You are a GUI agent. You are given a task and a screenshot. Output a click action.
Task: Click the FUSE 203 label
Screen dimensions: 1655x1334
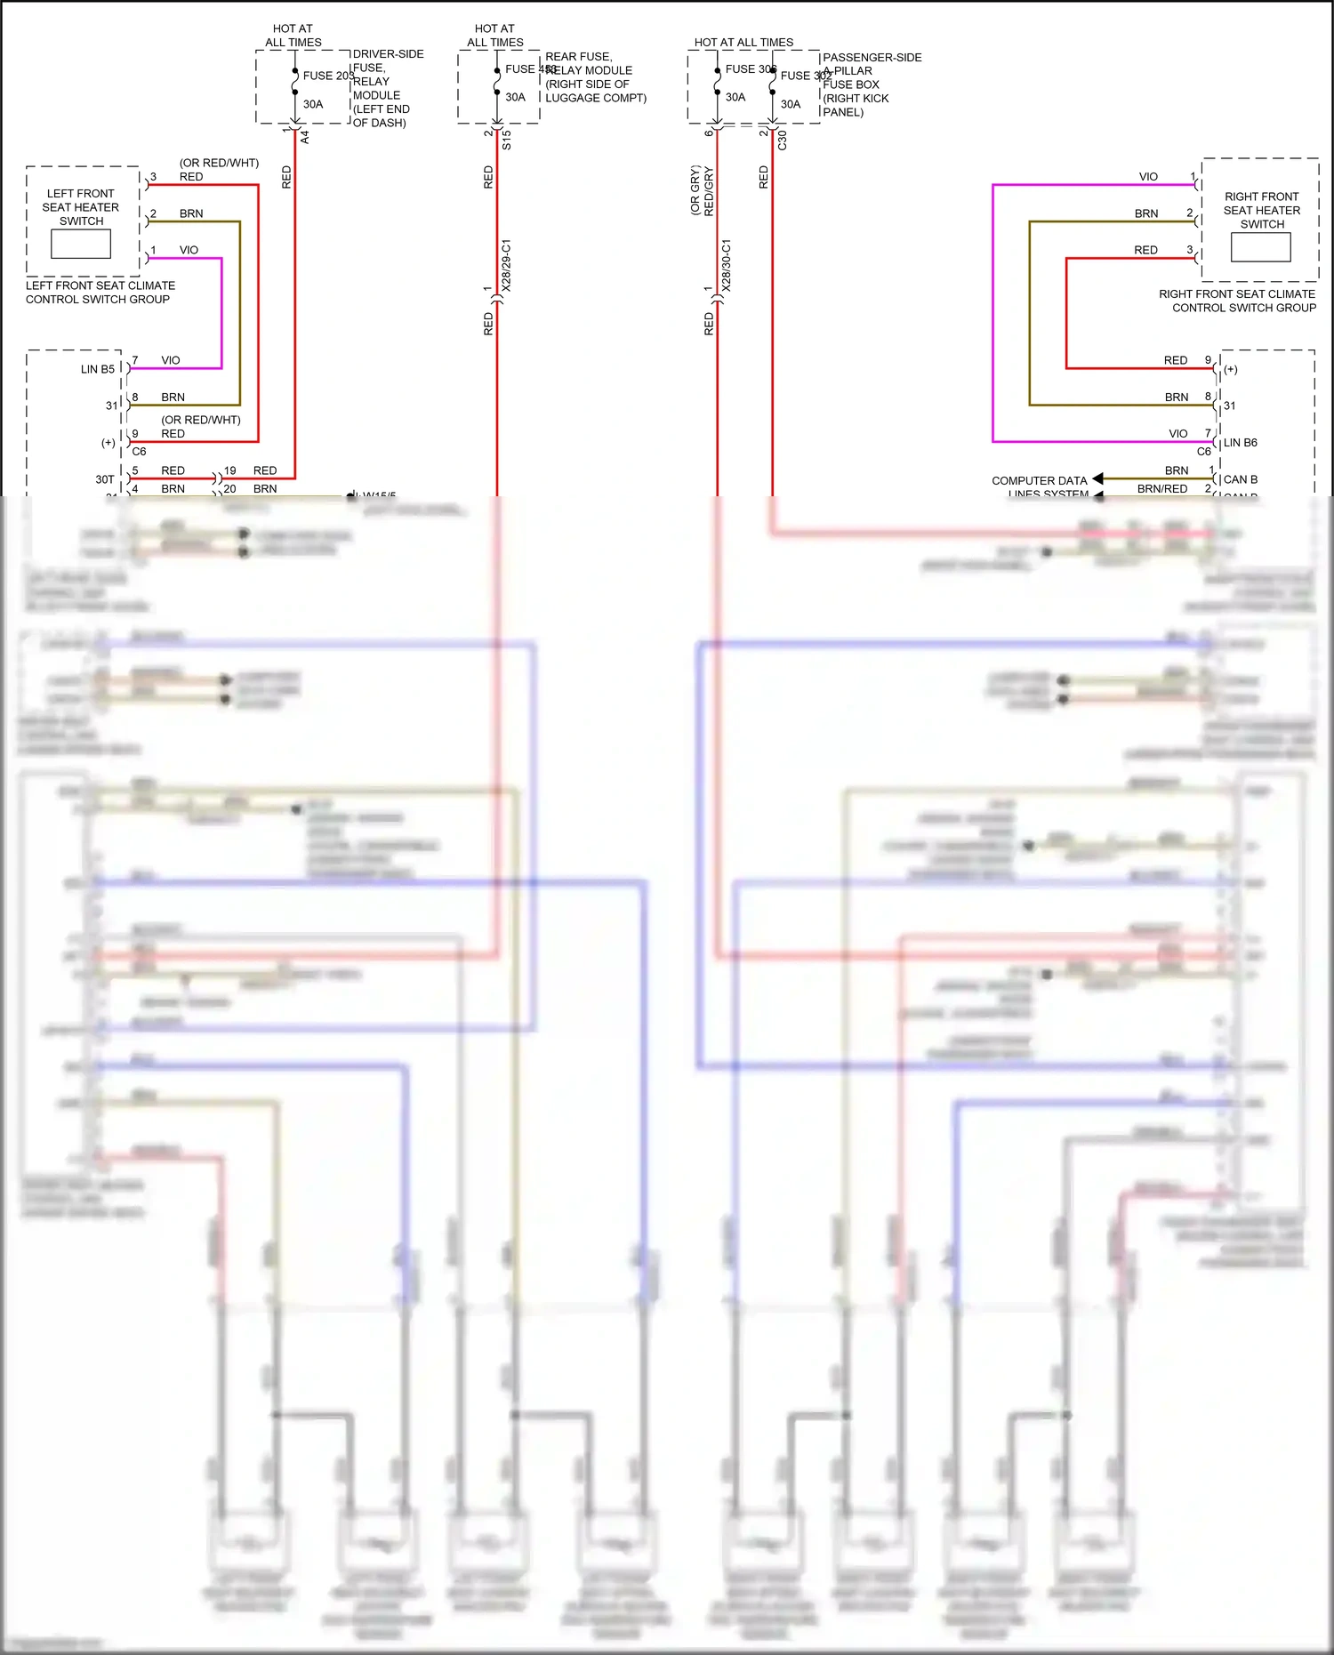[327, 76]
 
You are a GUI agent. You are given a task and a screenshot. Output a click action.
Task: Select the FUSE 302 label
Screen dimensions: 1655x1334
[805, 76]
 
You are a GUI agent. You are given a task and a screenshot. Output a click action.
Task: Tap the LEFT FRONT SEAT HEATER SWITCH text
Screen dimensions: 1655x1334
[81, 206]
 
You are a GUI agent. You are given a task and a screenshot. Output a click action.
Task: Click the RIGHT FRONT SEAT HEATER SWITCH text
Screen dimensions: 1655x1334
[1261, 210]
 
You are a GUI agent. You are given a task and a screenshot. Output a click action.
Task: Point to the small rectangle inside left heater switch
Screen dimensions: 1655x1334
[81, 244]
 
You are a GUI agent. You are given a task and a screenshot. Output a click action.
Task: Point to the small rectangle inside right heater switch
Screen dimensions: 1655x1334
[1260, 247]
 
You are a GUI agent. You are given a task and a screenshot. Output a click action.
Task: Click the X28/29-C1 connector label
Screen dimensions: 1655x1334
[506, 265]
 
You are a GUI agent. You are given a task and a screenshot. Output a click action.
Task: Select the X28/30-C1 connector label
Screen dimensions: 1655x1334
[727, 265]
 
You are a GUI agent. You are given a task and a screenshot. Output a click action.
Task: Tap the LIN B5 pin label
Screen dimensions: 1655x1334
[98, 369]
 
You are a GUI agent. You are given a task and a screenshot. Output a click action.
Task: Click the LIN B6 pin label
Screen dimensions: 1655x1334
[1240, 442]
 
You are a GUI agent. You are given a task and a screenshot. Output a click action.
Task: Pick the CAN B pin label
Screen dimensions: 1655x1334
[1240, 479]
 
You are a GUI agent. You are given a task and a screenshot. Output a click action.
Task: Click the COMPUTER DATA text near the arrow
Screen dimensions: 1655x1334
[1039, 480]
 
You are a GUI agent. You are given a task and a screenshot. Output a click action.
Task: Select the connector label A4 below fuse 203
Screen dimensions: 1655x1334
[304, 137]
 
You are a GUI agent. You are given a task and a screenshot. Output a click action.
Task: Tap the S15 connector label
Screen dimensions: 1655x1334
[506, 140]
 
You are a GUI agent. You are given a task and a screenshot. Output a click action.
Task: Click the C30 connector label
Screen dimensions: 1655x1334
[783, 140]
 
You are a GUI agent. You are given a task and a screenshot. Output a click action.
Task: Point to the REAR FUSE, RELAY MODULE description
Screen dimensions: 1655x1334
[594, 77]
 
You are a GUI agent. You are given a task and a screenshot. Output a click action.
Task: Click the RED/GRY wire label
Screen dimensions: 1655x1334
[709, 191]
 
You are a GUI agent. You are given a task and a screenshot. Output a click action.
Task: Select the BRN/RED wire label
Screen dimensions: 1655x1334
[1161, 488]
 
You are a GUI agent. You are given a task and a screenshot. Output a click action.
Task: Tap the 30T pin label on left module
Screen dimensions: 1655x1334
[105, 479]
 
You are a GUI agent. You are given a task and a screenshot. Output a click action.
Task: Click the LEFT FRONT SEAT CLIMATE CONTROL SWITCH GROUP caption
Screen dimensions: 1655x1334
[100, 293]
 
